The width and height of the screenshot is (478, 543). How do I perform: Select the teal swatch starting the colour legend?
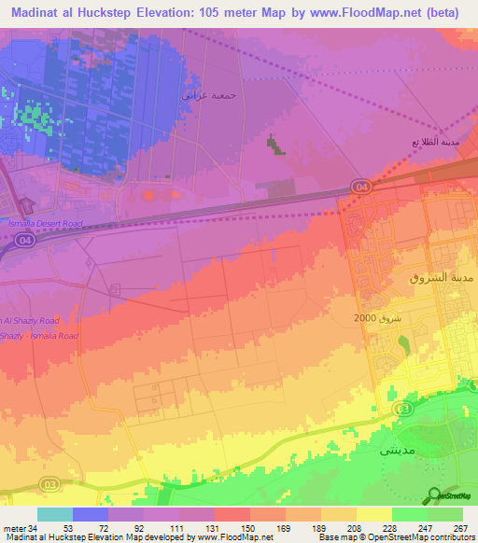pos(54,514)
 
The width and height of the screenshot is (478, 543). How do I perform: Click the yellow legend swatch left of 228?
pos(373,514)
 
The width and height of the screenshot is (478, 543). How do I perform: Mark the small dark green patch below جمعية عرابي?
pos(274,144)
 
